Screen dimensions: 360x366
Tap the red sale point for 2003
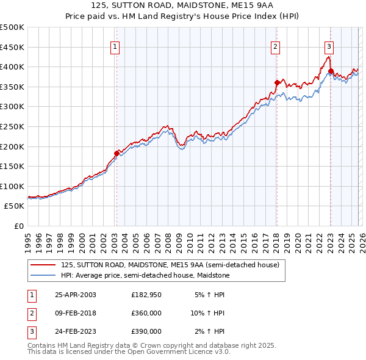click(117, 153)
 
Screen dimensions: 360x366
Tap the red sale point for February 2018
click(276, 82)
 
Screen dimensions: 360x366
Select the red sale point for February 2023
click(331, 71)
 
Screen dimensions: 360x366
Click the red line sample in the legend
click(43, 265)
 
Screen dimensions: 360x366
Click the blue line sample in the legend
click(43, 275)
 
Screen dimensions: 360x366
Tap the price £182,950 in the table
click(146, 294)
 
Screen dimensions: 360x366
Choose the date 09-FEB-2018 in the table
click(76, 313)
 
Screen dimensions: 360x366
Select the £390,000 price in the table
click(146, 331)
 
